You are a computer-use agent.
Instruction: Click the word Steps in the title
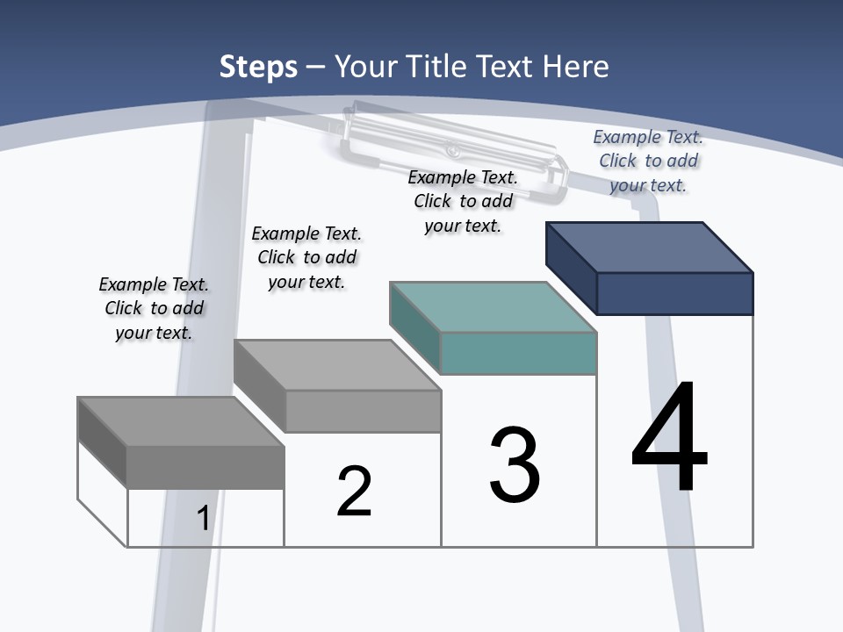coord(258,67)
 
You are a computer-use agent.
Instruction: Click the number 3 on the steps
coord(515,465)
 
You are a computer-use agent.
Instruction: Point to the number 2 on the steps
coord(354,492)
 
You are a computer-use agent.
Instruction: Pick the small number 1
coord(203,518)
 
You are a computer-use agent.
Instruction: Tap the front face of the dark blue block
coord(674,293)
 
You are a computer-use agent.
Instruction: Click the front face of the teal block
coord(518,353)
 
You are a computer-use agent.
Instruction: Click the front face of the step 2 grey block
coord(363,411)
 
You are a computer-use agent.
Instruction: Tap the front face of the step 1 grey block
coord(205,467)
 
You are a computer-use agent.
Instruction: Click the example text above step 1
coord(154,308)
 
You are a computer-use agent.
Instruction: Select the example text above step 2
coord(306,257)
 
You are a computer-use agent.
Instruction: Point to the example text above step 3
coord(463,201)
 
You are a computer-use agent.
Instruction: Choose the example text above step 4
coord(648,161)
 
